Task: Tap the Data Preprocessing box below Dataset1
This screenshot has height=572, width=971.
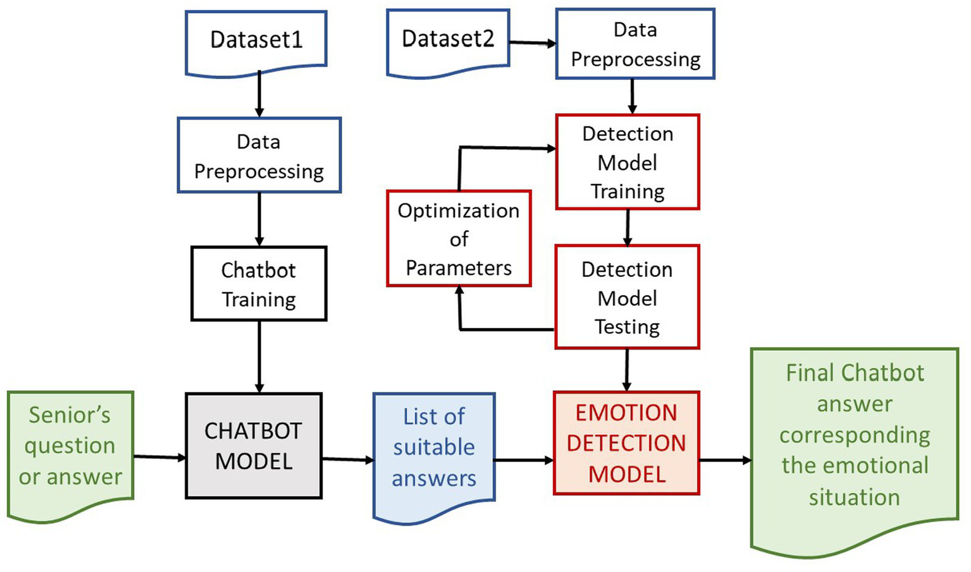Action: pyautogui.click(x=259, y=155)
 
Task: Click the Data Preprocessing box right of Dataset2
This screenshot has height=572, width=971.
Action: pyautogui.click(x=635, y=44)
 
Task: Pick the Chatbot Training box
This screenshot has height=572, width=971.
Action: pyautogui.click(x=259, y=284)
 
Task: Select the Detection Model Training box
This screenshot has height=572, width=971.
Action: pyautogui.click(x=628, y=162)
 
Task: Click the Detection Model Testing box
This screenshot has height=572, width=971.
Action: pyautogui.click(x=627, y=297)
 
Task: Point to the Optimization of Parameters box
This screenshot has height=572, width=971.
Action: pyautogui.click(x=459, y=239)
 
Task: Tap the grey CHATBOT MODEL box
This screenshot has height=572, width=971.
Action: pyautogui.click(x=254, y=446)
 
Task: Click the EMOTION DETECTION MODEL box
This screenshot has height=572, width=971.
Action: pyautogui.click(x=626, y=443)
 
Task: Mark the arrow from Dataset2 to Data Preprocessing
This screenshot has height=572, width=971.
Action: pyautogui.click(x=532, y=43)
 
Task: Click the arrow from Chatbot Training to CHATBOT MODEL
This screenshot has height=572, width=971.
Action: pyautogui.click(x=259, y=356)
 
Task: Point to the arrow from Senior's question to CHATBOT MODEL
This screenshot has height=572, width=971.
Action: pyautogui.click(x=159, y=456)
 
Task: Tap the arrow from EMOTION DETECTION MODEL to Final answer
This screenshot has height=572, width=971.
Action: pyautogui.click(x=725, y=460)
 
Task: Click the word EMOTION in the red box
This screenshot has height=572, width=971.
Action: pyautogui.click(x=626, y=413)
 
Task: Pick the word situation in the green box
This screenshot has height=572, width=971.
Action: pyautogui.click(x=854, y=497)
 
